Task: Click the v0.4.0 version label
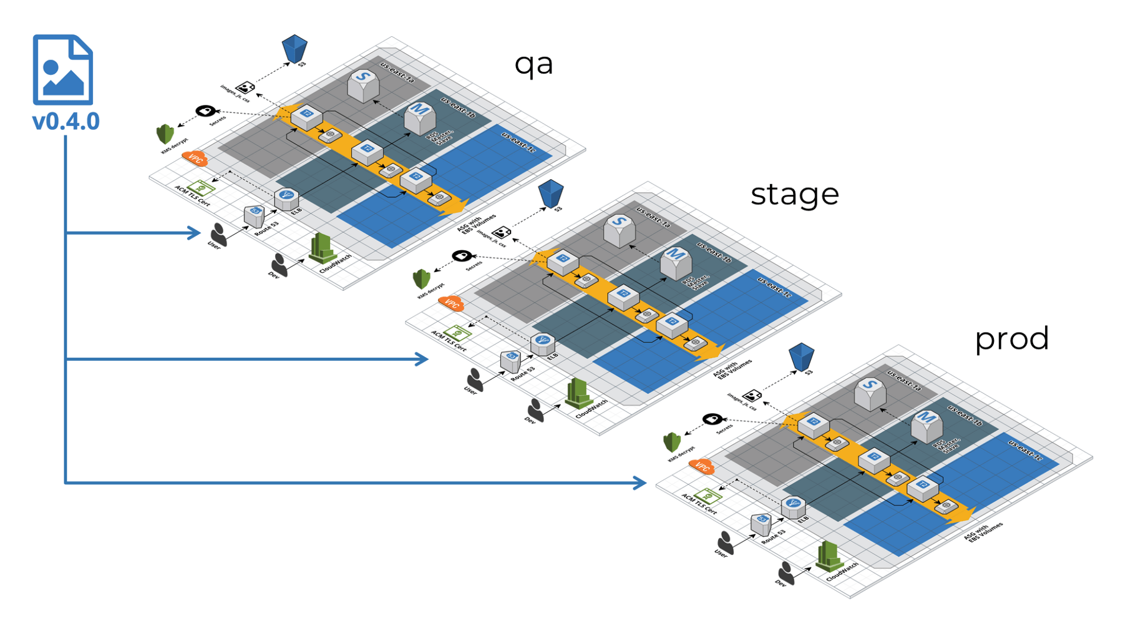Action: (66, 121)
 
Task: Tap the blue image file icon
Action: (63, 69)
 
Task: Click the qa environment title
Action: (533, 64)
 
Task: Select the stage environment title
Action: (794, 194)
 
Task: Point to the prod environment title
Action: (1011, 339)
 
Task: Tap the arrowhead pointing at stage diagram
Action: (422, 359)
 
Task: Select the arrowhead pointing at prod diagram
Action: (639, 482)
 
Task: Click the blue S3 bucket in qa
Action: (294, 49)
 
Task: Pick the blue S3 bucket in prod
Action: (801, 357)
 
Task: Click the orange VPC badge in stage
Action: (451, 303)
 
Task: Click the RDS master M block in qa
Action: (419, 117)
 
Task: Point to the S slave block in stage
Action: (619, 229)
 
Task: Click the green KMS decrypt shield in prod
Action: (672, 442)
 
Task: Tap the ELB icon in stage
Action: (542, 343)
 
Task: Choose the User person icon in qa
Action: (218, 234)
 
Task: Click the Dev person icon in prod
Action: (786, 572)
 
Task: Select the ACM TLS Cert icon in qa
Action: (201, 187)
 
